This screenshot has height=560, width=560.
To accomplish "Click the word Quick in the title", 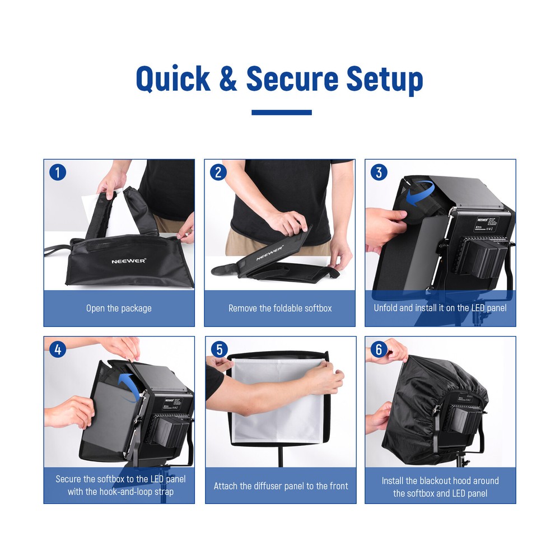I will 173,79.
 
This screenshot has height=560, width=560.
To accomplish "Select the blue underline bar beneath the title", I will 281,113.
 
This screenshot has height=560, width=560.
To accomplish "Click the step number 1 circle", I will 58,172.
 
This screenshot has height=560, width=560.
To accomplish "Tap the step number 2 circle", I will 218,172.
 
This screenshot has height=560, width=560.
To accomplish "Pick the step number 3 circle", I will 379,172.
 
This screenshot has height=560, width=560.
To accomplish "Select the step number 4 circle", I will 58,349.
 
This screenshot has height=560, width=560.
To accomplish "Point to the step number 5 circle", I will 218,349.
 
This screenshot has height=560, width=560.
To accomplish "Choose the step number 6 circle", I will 379,349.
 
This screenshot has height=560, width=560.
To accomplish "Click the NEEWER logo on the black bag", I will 128,261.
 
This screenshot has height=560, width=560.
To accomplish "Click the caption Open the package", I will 119,309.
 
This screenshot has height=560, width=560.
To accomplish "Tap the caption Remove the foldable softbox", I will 280,309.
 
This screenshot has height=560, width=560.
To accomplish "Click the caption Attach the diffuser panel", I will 281,486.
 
